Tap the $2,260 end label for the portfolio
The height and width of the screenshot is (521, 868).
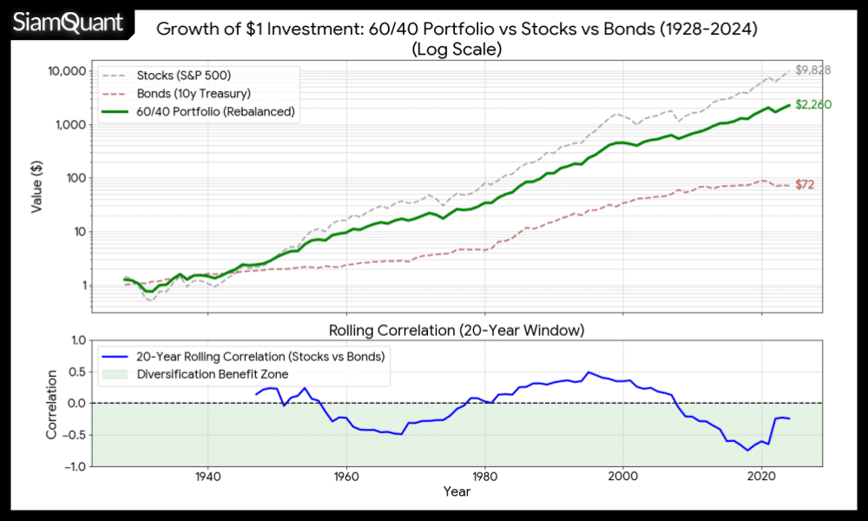pos(814,105)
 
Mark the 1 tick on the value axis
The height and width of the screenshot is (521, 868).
pos(80,285)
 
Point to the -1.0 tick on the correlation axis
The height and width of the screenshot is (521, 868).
pos(73,466)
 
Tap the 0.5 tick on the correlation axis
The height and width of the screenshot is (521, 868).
pos(76,373)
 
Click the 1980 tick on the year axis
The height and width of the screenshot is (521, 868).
pos(484,477)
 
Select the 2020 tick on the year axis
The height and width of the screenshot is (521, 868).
pos(761,477)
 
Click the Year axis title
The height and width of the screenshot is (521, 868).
pos(456,492)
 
